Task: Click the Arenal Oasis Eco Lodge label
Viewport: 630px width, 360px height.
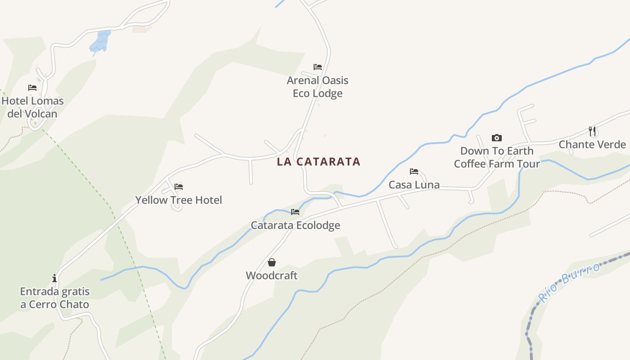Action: tap(318, 87)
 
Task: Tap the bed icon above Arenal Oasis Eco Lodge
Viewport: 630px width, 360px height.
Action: tap(318, 67)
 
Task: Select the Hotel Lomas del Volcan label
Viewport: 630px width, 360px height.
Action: tap(32, 107)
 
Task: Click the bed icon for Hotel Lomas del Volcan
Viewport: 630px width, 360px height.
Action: tap(32, 88)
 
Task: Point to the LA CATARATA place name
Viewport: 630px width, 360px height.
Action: tap(319, 162)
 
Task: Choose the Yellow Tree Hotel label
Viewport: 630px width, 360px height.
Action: tap(179, 200)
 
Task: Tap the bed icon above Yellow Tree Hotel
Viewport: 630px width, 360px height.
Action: tap(179, 186)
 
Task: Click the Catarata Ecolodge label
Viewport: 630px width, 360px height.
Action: tap(295, 225)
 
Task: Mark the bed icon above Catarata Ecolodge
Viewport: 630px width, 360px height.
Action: tap(295, 211)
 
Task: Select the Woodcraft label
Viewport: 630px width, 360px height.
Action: tap(271, 275)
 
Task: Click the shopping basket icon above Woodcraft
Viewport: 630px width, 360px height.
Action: tap(272, 262)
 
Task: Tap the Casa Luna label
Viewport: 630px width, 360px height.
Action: tap(414, 184)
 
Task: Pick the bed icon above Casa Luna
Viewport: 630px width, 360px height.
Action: tap(414, 171)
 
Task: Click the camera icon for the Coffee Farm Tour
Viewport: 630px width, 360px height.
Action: tap(497, 138)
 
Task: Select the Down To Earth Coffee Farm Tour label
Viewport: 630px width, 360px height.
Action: tap(497, 157)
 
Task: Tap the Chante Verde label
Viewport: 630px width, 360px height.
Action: tap(592, 144)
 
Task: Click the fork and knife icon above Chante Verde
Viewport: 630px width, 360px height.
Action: tap(592, 131)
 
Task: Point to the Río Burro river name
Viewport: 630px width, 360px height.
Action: tap(570, 282)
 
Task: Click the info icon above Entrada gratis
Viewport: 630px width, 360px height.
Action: tap(54, 278)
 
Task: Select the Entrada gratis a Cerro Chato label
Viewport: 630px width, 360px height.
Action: tap(54, 298)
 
